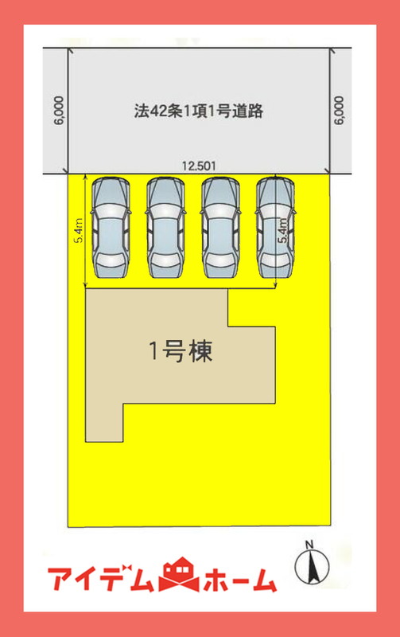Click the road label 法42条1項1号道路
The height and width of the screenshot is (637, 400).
coord(199,111)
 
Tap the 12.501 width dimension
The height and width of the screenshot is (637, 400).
coord(199,166)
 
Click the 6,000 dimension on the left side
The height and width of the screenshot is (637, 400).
coord(59,111)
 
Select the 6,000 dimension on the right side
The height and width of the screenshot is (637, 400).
coord(339,111)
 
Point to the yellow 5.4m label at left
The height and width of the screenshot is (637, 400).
coord(78,230)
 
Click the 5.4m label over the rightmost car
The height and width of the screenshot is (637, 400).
coord(284,230)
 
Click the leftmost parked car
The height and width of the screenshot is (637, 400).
coord(111,228)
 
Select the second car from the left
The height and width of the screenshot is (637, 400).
coord(165,228)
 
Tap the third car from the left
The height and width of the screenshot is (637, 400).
coord(221,228)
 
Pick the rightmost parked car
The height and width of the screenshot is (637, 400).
coord(275,228)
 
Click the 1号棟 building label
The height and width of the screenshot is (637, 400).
coord(181,351)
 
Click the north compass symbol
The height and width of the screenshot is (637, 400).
coord(312,567)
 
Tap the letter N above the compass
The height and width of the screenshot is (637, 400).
coord(309,544)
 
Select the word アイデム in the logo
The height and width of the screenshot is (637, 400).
coord(102,578)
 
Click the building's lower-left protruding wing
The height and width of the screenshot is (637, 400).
coord(104,423)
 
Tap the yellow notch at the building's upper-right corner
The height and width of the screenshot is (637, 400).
coord(251,307)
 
